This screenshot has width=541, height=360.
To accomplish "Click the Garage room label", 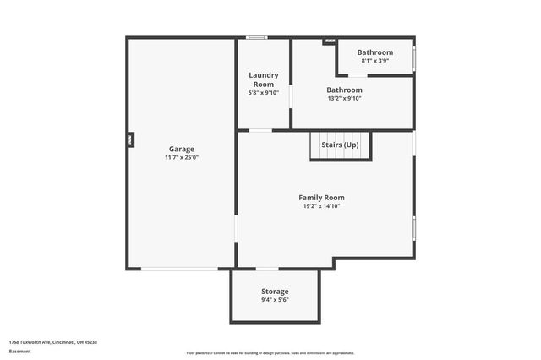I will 181,149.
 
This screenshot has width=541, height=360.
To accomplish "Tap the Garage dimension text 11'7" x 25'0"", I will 181,157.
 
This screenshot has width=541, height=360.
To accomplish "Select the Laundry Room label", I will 263,79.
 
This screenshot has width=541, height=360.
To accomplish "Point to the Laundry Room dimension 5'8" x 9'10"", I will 263,93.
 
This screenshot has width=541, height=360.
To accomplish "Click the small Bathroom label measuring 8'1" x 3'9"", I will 374,52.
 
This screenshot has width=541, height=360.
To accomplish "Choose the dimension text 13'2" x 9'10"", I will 344,98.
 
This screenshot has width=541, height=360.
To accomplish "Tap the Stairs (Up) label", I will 340,145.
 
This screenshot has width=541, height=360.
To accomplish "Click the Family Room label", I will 321,198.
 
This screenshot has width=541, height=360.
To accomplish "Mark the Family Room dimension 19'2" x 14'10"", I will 321,206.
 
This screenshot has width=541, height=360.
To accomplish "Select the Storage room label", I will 275,292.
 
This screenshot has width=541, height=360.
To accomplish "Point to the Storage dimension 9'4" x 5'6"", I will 275,300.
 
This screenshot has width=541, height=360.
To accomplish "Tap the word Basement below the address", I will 19,351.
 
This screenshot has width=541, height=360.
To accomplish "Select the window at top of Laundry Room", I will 256,37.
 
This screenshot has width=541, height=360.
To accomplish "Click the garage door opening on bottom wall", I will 179,269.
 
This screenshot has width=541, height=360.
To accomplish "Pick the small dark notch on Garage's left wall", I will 130,139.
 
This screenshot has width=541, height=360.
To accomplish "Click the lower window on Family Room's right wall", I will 413,227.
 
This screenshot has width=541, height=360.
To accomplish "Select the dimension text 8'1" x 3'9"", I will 374,61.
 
